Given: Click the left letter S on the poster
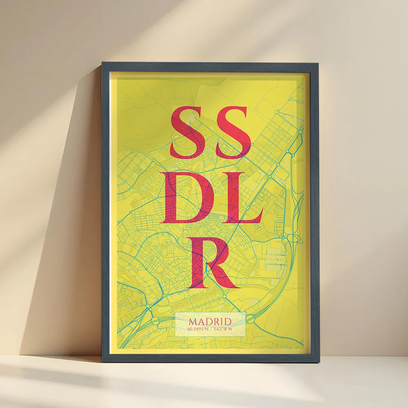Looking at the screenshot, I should pos(188,133).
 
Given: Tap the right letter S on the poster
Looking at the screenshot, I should pos(233,133).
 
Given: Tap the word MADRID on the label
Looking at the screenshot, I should pos(210,322).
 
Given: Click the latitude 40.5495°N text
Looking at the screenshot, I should pos(198,329).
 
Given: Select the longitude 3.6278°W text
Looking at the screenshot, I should pos(222,329).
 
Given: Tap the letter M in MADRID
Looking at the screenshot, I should pos(192,322).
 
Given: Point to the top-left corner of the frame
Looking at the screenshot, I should pos(102,64).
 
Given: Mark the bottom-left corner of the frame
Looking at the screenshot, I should pos(102,361).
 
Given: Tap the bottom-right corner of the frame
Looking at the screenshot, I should pos(318,361).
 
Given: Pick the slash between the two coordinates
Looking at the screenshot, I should pos(211,329).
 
